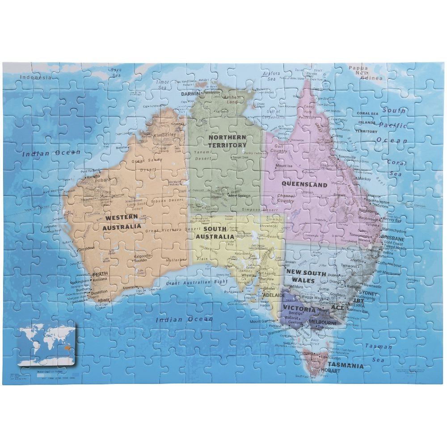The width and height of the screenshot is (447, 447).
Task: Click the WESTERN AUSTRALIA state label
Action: (x=122, y=223)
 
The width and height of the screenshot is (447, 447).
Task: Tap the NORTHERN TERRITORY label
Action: (x=227, y=141)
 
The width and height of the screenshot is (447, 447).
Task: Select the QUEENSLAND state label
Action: (x=304, y=184)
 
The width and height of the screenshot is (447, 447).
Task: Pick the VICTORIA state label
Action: (x=299, y=309)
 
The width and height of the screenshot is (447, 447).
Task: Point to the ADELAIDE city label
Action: (x=274, y=295)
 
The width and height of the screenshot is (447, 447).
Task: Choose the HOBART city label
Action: (x=330, y=371)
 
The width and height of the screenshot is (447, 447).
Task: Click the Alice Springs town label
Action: (x=238, y=196)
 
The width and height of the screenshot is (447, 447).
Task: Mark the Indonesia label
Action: (x=36, y=77)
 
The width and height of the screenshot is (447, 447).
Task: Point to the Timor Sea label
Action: (x=162, y=85)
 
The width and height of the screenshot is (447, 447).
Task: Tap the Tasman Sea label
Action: (x=379, y=353)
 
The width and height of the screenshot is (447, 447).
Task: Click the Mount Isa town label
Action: (x=284, y=166)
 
